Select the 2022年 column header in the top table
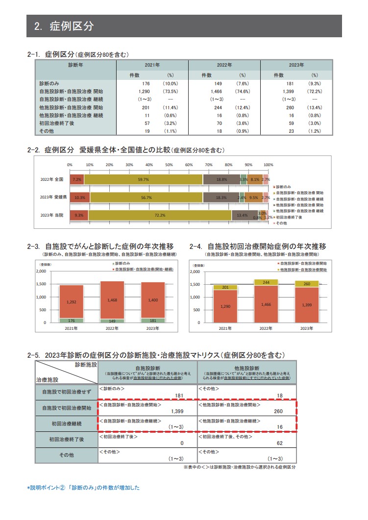224,65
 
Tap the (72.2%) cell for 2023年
314,92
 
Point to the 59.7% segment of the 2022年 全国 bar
143,180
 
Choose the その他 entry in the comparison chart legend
281,223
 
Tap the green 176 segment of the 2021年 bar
72,320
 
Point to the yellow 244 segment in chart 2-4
266,282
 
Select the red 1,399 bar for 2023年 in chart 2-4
306,305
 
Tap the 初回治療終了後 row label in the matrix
67,439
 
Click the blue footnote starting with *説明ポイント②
83,488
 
